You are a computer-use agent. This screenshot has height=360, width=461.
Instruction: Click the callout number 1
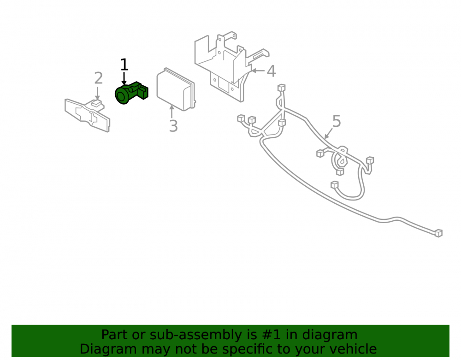point(124,65)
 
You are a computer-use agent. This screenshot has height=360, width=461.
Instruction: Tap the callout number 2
point(99,78)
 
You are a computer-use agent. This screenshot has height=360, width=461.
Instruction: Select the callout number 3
point(173,126)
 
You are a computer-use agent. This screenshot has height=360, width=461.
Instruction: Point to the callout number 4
point(271,71)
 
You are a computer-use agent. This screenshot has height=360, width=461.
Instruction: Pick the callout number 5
point(337,121)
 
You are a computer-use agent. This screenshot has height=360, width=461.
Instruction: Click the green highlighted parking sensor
point(131,93)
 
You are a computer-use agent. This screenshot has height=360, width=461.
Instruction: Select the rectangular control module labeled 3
point(176,89)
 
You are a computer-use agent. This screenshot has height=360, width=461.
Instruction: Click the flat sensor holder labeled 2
point(87,115)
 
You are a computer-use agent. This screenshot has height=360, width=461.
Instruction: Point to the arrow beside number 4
point(258,71)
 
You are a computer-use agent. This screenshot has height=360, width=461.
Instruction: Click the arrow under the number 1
point(124,78)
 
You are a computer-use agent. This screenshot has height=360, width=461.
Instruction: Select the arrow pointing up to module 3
point(171,112)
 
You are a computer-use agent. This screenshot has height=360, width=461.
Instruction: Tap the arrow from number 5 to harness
point(328,134)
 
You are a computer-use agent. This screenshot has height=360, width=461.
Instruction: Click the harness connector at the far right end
point(438,233)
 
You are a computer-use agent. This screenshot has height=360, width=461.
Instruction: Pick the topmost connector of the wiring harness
point(281,88)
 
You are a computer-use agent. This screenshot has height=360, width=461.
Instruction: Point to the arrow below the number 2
point(97,93)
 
